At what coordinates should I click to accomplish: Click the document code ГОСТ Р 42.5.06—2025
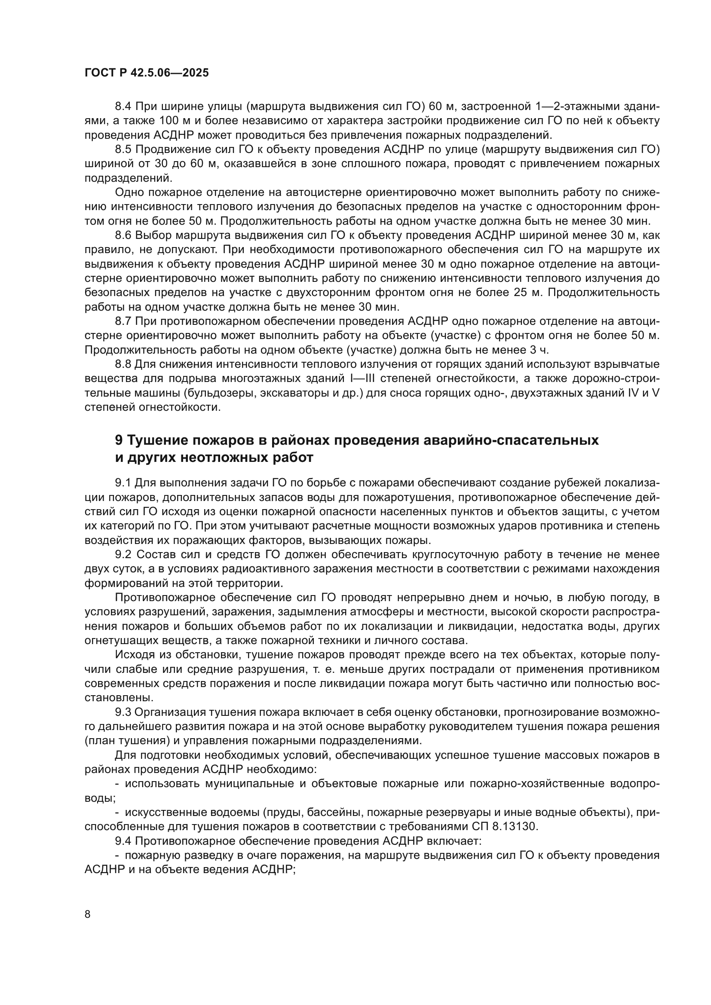[146, 73]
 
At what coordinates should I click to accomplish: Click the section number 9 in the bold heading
[119, 440]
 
